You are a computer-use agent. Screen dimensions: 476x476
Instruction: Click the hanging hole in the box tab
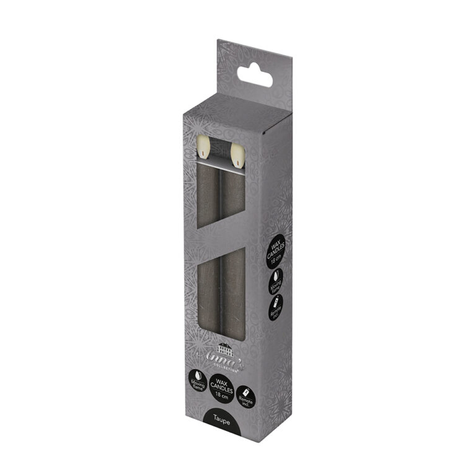[255, 76]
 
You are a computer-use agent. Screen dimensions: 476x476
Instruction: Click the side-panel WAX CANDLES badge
[276, 251]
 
